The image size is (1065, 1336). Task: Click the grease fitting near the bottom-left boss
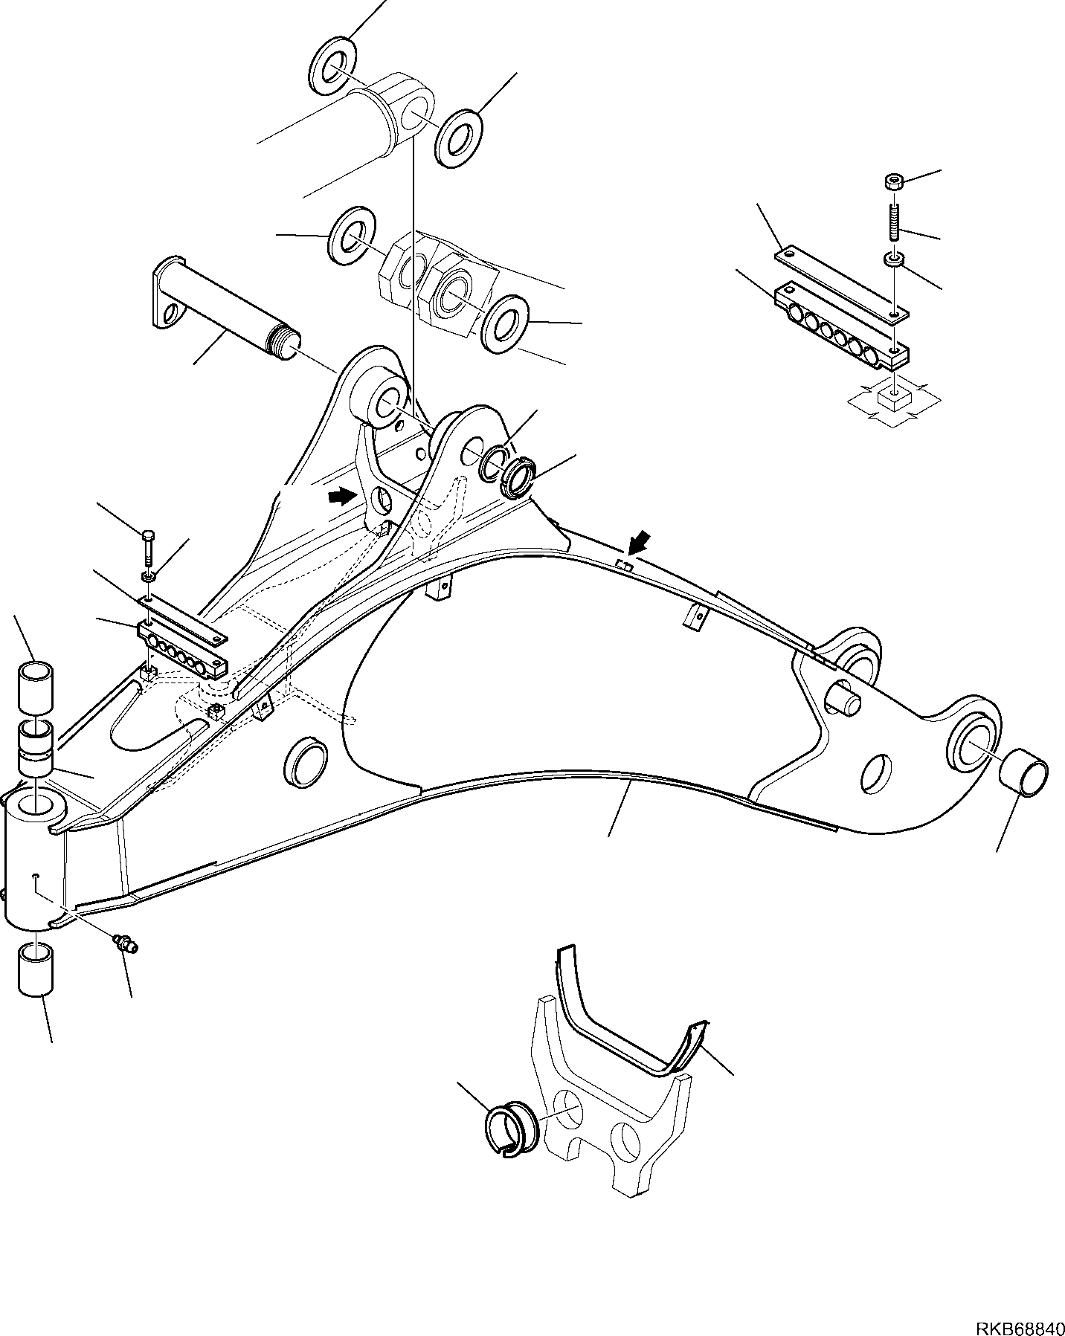(x=125, y=945)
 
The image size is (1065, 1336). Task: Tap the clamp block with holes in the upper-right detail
(x=840, y=328)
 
